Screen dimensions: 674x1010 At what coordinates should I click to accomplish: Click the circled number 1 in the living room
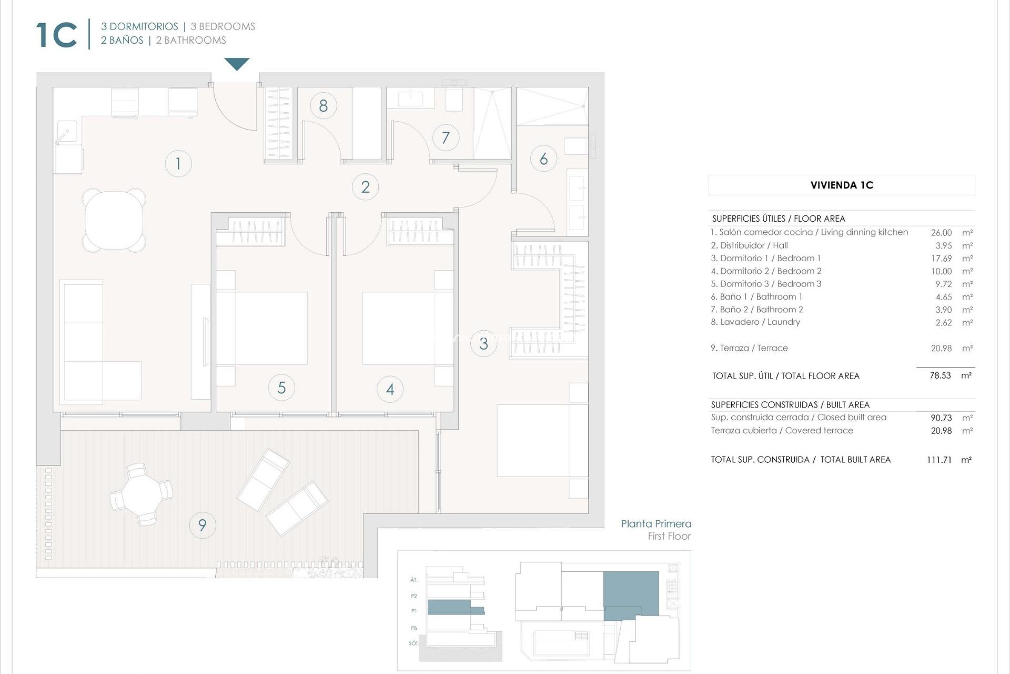coord(178,163)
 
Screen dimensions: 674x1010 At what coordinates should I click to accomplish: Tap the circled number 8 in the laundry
coord(323,106)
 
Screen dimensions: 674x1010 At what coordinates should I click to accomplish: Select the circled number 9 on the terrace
coord(202,525)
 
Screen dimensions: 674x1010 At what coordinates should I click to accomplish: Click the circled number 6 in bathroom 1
coord(543,158)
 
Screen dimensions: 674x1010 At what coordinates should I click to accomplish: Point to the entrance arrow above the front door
coord(237,64)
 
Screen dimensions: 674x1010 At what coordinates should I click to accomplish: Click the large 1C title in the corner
coord(56,35)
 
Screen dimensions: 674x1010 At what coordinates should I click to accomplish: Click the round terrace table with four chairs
coord(141,494)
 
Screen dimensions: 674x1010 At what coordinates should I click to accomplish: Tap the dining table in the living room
coord(114,220)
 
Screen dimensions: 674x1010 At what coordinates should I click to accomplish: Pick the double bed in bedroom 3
coord(542,441)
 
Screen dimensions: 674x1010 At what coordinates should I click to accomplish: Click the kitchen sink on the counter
coord(67,132)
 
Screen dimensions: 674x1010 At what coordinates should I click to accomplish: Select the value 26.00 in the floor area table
coord(941,233)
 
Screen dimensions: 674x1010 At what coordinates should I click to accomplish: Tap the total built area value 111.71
coord(939,460)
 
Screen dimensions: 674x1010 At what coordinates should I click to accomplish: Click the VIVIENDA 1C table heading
coord(841,185)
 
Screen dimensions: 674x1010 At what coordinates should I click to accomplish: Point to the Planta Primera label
coord(655,524)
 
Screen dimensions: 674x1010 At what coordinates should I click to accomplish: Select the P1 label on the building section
coord(414,611)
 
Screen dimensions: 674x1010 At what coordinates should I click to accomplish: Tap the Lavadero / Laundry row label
coord(755,322)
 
